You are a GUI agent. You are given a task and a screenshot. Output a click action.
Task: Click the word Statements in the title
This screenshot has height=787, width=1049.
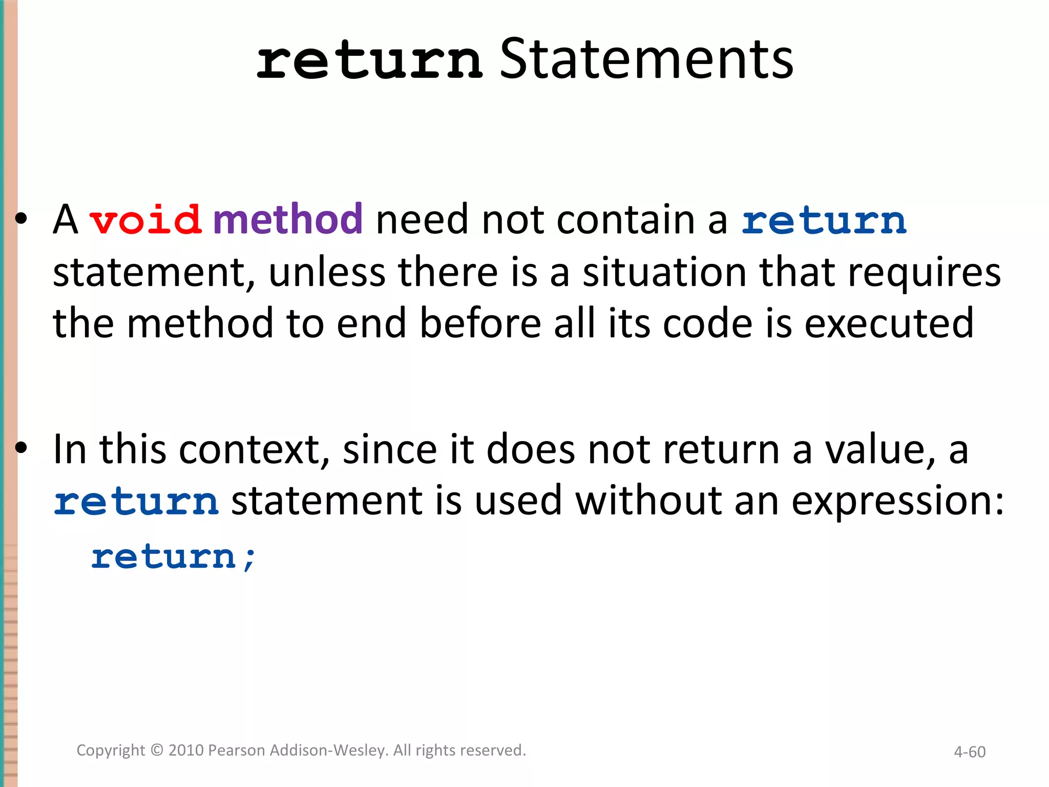click(x=646, y=60)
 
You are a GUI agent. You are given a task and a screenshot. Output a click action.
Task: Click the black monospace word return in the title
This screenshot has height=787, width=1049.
click(x=369, y=63)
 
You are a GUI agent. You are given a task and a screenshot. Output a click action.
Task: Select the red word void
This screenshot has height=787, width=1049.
click(x=145, y=220)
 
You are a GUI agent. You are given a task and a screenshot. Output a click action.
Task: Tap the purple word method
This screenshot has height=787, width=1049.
click(x=288, y=219)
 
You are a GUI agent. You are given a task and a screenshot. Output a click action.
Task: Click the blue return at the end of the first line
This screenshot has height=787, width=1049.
click(x=824, y=221)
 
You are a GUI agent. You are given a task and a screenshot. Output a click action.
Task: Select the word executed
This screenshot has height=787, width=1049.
click(x=889, y=324)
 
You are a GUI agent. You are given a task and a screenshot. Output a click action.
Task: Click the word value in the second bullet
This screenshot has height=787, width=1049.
click(x=880, y=450)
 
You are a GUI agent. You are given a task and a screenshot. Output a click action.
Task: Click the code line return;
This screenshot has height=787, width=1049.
click(x=173, y=557)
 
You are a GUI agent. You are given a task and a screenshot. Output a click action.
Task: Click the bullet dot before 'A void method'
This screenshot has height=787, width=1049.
click(x=21, y=219)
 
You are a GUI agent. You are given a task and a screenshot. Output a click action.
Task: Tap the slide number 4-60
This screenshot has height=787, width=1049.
click(x=969, y=752)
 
